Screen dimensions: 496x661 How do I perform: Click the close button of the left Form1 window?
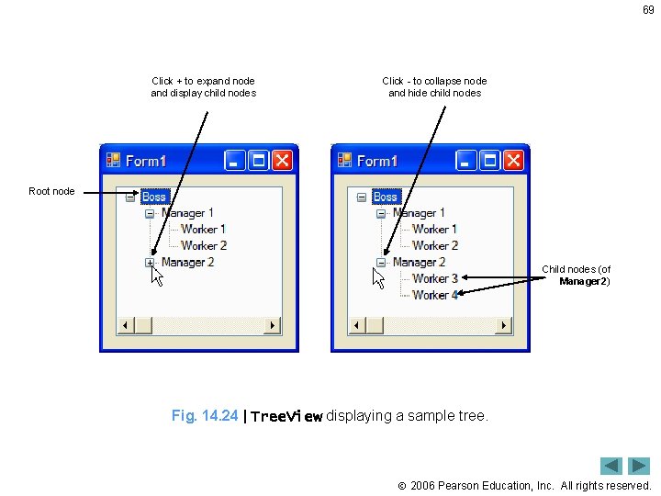(282, 161)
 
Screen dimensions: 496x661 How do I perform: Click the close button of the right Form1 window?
(513, 161)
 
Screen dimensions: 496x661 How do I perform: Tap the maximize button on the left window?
(259, 161)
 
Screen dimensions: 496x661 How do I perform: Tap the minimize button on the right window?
(467, 161)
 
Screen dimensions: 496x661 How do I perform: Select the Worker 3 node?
(435, 278)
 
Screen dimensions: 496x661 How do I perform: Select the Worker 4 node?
(435, 295)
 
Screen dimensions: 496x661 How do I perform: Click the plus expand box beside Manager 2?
(150, 263)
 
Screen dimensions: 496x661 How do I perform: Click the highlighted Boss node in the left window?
(154, 197)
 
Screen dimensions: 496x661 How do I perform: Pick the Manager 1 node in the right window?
(419, 213)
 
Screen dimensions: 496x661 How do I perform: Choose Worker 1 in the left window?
(203, 230)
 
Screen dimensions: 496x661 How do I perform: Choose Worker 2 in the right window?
(435, 246)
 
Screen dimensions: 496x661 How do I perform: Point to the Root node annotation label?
(51, 191)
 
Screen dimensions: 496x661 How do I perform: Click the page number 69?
(646, 9)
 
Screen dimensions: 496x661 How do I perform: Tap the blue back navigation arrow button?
(611, 466)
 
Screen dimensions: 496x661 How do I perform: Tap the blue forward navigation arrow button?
(639, 466)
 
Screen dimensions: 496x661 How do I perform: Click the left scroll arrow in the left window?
(126, 325)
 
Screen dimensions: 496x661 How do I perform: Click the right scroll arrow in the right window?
(502, 325)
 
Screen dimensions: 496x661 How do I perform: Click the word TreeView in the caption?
(286, 417)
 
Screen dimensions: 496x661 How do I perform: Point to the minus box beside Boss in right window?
(361, 197)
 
